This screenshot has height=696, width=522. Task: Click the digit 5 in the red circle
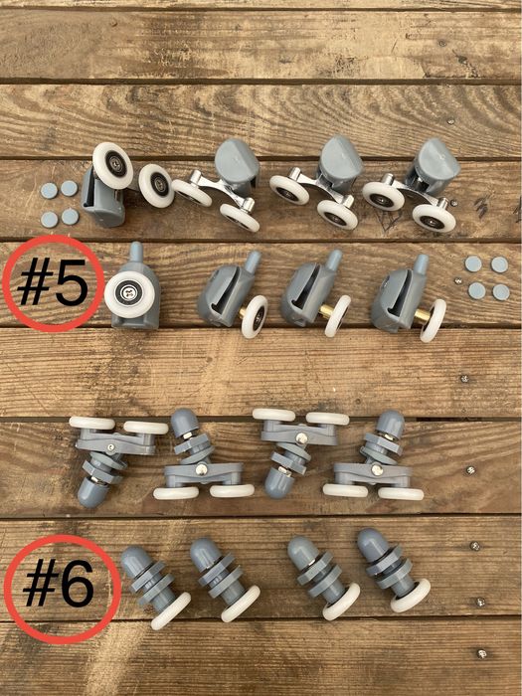pos(72,283)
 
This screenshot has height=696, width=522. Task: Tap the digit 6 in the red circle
pos(78,584)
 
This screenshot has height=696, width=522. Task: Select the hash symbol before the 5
pos(35,283)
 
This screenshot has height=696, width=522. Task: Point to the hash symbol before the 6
pos(41,584)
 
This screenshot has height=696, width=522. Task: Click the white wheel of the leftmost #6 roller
pos(170,610)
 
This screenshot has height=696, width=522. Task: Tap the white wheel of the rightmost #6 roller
pos(410,596)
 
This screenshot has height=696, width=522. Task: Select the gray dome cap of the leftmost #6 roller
pos(134,560)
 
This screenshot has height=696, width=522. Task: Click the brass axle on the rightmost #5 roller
pos(423,316)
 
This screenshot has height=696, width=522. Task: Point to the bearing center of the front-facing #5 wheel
pos(129,294)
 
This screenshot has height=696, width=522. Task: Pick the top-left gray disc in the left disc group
pos(49,191)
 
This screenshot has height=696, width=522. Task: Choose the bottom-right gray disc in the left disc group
pos(71,217)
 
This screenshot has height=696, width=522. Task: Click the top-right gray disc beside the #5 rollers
pos(499,264)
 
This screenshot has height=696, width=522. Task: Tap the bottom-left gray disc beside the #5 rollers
pos(476,290)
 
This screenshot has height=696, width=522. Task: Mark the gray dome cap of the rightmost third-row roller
pos(390,424)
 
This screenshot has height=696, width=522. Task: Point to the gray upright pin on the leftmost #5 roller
pos(137,253)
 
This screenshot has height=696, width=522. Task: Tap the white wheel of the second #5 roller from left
pos(255,316)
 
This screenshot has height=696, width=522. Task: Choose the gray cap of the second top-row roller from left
pos(237,161)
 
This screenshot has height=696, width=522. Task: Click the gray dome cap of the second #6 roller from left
pos(204,551)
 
